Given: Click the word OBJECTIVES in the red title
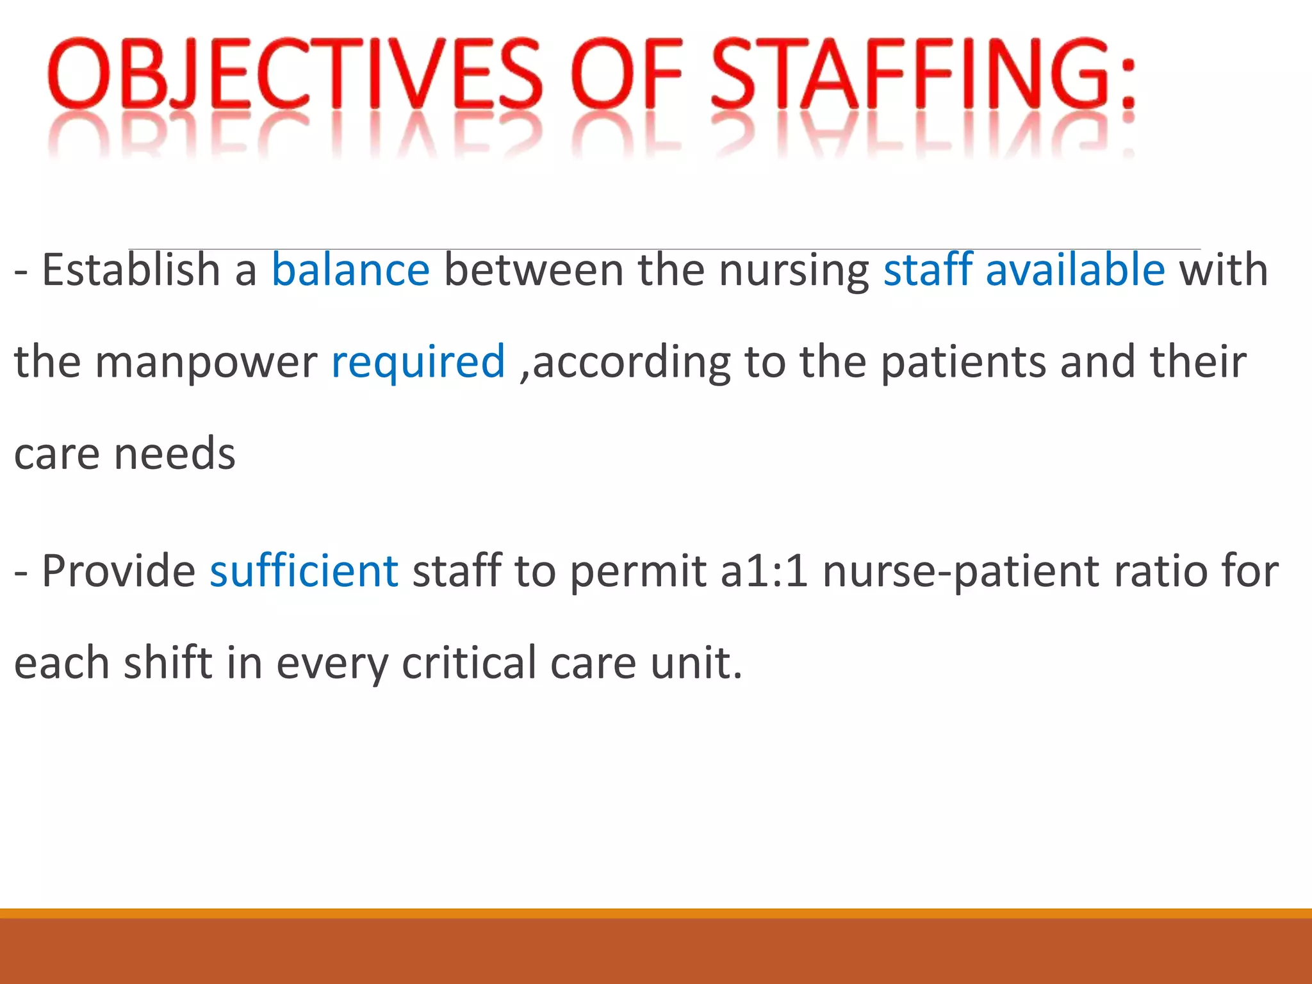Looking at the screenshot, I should click(295, 74).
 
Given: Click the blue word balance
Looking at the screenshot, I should click(350, 270).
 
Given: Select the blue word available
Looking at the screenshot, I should click(1075, 270).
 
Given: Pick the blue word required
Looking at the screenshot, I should click(418, 362).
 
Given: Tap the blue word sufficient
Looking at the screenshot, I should click(304, 571).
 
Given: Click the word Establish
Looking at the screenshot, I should click(131, 270).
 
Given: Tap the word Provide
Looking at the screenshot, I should click(119, 571).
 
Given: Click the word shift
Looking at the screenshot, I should click(168, 663).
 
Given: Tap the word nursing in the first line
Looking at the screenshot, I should click(794, 271).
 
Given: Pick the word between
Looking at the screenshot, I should click(534, 270).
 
